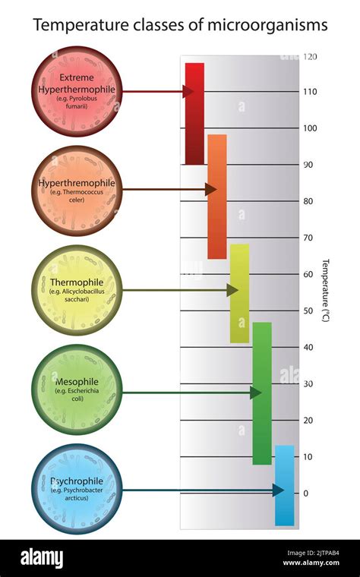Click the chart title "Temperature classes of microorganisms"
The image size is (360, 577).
[x=180, y=25]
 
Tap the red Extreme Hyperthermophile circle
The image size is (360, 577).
[x=77, y=91]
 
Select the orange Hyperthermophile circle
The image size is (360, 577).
[x=77, y=190]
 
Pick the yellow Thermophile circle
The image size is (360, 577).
[x=77, y=289]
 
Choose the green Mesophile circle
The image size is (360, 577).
[x=77, y=389]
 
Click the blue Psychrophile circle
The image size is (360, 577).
[x=77, y=488]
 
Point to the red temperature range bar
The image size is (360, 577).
[x=194, y=114]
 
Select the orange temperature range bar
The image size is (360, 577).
[x=217, y=197]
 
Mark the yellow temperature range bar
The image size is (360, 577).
[x=239, y=293]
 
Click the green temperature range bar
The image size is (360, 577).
[x=262, y=393]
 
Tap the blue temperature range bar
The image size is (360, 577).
[x=284, y=485]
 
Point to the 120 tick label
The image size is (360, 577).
[x=310, y=56]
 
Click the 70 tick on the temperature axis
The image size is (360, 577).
[x=308, y=238]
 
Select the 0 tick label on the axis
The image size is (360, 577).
[x=305, y=493]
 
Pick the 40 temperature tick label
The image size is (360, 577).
[x=308, y=347]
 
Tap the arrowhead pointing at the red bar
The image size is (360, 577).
[x=188, y=91]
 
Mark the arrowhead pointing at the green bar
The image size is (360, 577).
[x=256, y=393]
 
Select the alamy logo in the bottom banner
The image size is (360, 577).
[x=41, y=558]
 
